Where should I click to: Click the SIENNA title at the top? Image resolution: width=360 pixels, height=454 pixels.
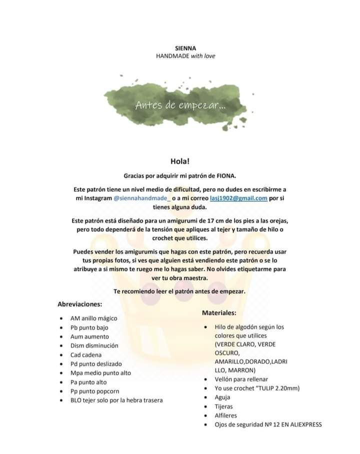click(x=185, y=48)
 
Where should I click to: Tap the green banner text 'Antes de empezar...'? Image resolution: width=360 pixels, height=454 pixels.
click(x=180, y=105)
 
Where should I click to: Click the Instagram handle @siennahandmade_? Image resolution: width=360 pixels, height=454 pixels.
click(x=142, y=198)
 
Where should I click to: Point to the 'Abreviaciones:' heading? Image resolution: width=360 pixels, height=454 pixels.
click(x=80, y=304)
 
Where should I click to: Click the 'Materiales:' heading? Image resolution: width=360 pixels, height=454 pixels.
click(x=219, y=313)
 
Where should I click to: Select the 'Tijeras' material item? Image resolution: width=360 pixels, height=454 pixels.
click(x=223, y=407)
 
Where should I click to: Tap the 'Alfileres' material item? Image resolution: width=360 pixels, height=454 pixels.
click(x=225, y=416)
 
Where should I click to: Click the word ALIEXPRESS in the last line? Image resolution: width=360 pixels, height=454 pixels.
click(x=300, y=425)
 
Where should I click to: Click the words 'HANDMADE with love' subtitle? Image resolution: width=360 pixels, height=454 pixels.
click(x=185, y=56)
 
